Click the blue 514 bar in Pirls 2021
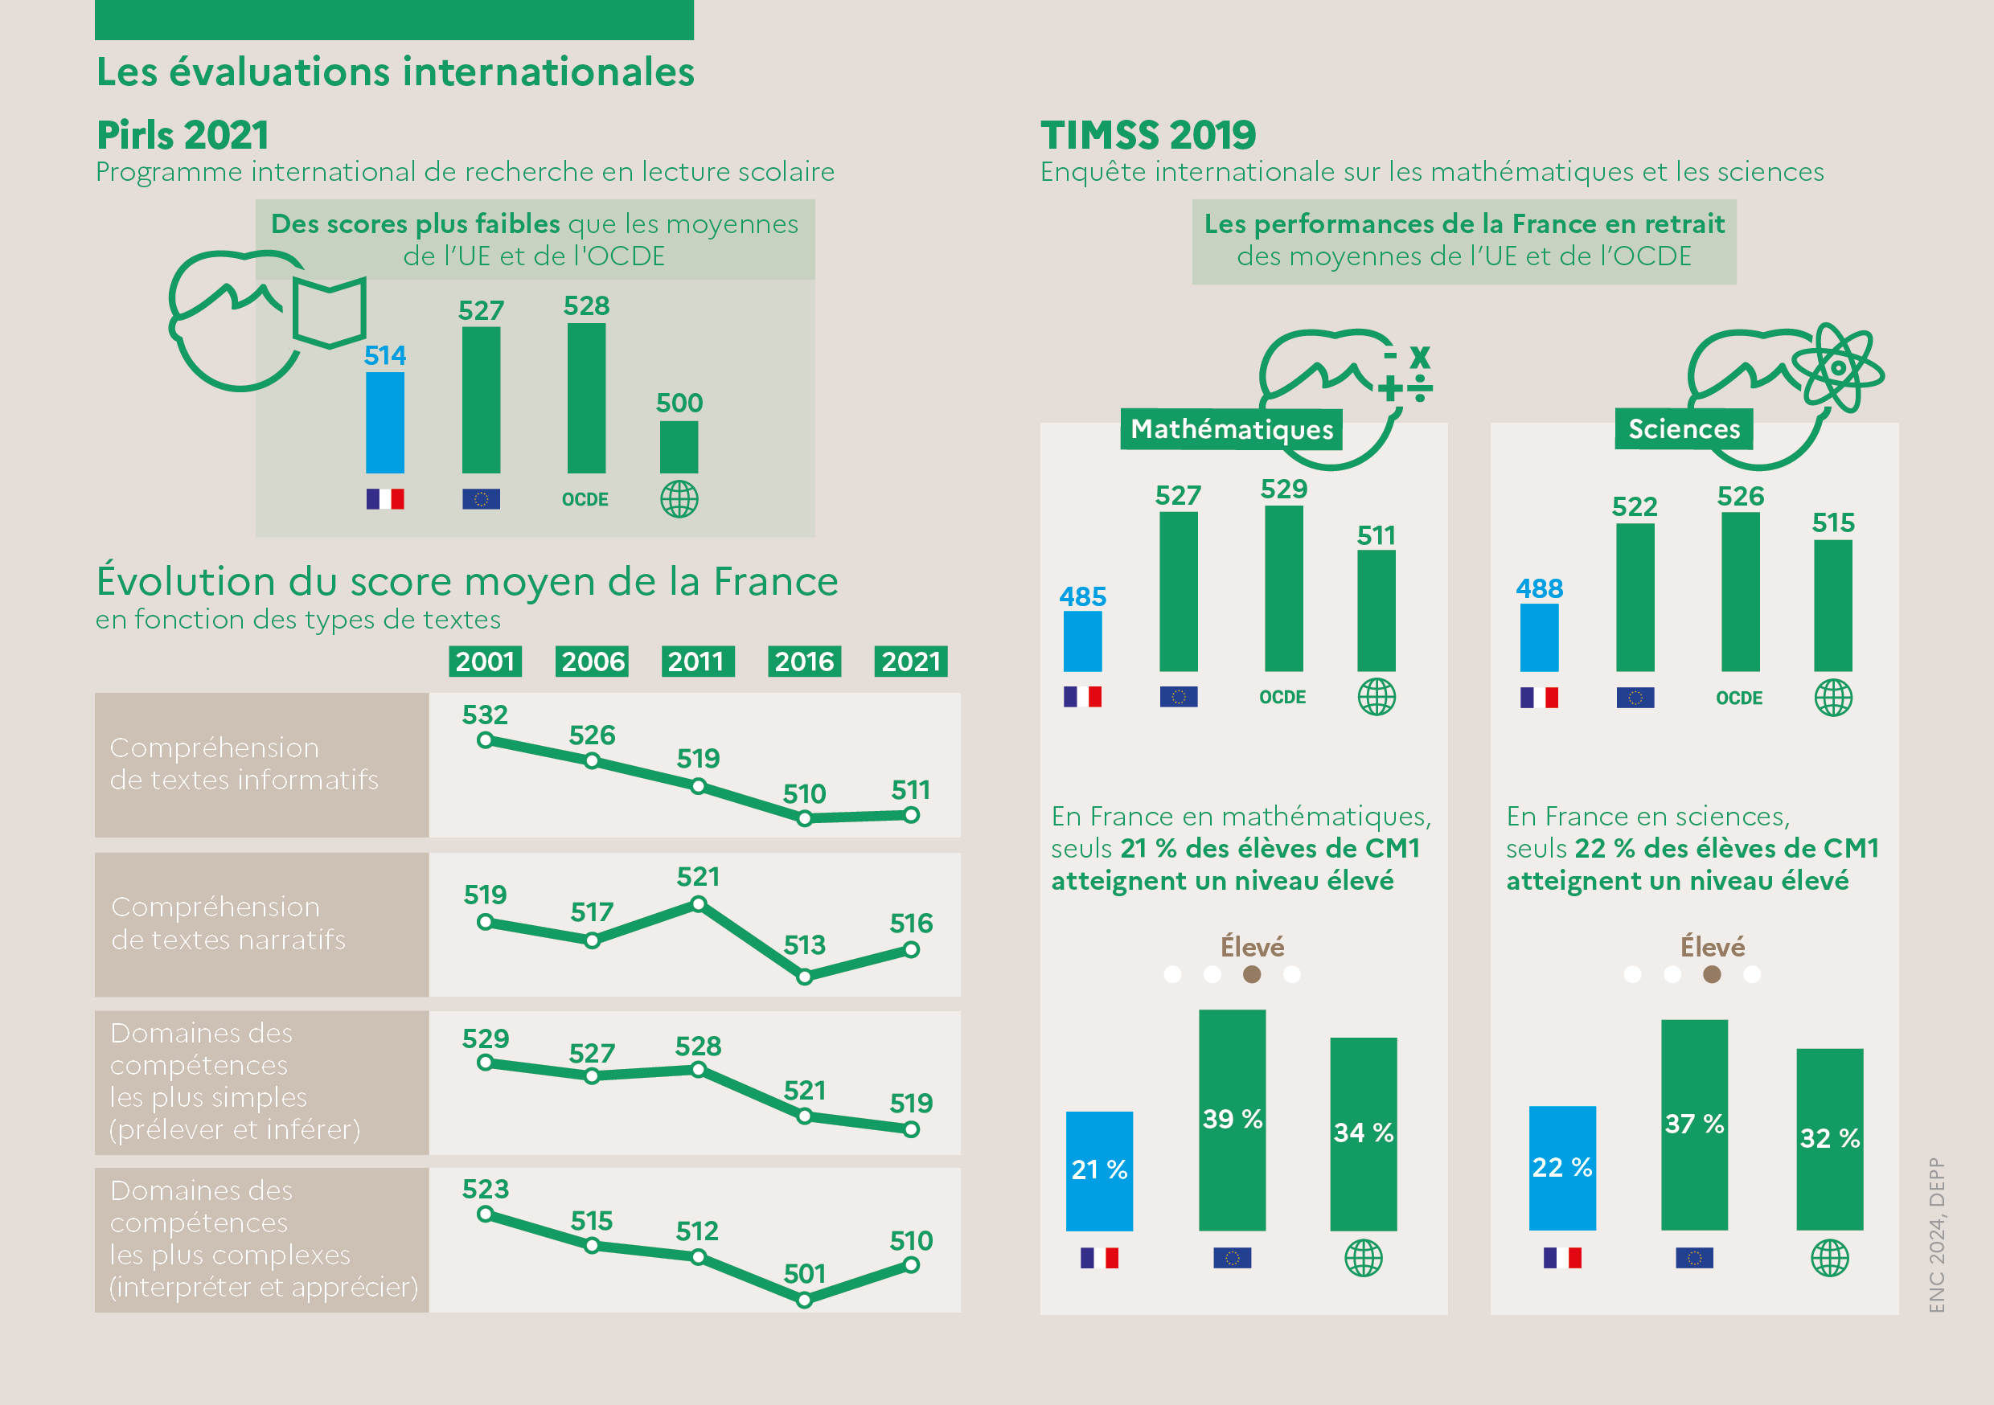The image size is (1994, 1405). (385, 422)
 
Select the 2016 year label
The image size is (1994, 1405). (804, 662)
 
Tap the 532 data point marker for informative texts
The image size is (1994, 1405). (486, 741)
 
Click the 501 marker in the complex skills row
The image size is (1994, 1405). (804, 1300)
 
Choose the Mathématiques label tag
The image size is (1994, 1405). (1231, 429)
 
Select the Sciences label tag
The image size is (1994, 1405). (1683, 429)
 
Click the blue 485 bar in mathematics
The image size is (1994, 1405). (1082, 641)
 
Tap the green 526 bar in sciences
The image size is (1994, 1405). (1741, 592)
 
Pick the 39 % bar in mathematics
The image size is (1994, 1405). (1232, 1120)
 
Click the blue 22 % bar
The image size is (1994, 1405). (1561, 1168)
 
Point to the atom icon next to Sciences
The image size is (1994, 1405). (1838, 367)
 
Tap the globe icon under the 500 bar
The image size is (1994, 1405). (679, 499)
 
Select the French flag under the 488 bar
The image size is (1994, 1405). (1539, 698)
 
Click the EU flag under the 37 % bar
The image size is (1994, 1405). (1693, 1257)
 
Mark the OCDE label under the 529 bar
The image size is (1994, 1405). (1282, 698)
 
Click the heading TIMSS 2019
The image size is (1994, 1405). (1148, 136)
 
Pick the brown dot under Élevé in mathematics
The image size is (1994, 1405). (1251, 974)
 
